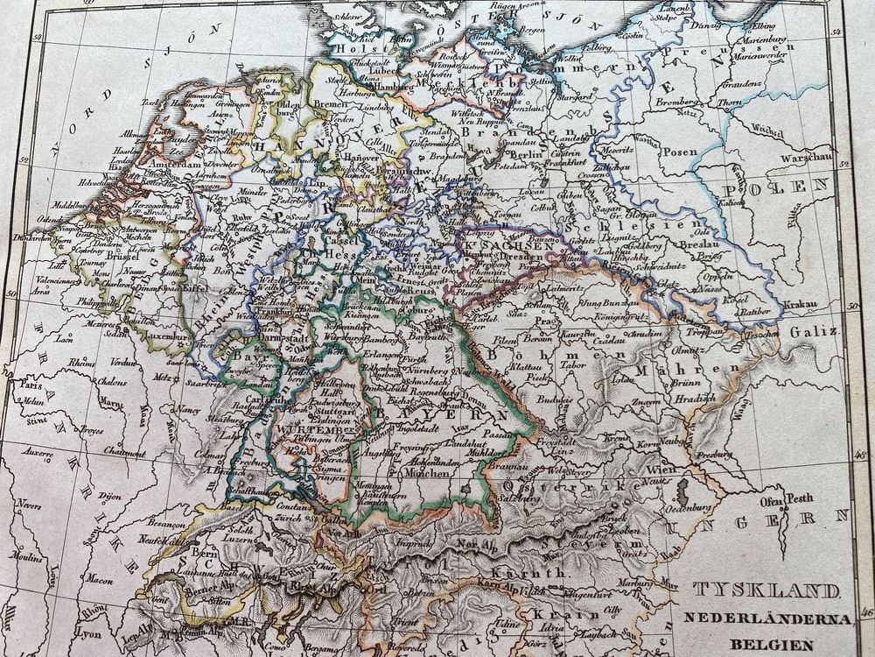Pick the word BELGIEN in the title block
click(768, 641)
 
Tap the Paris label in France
click(33, 385)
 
